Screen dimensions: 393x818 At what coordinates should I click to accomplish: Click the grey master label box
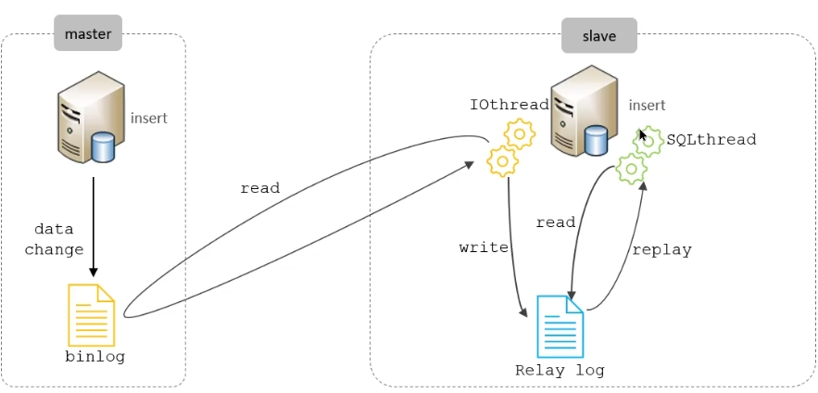(88, 34)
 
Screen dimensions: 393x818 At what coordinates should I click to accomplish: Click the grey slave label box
(598, 36)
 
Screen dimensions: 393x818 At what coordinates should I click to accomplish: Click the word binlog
(94, 357)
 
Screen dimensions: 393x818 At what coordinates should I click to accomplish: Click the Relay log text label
(560, 371)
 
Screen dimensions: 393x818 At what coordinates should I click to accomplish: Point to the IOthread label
(509, 106)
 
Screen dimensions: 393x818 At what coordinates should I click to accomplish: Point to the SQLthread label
(711, 140)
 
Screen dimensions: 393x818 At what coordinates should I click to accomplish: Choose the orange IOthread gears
(510, 147)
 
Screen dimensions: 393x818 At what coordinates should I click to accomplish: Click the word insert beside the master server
(149, 119)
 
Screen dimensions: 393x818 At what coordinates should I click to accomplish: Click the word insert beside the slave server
(647, 106)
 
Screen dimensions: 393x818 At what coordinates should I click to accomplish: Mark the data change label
(54, 239)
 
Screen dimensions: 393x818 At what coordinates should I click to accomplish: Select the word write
(484, 247)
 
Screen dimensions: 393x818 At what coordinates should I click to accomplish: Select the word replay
(661, 250)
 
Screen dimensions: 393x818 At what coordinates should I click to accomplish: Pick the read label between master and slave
(259, 188)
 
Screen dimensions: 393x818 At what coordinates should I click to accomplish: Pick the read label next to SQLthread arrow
(556, 222)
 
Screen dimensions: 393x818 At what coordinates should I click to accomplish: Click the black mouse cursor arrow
(643, 134)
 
